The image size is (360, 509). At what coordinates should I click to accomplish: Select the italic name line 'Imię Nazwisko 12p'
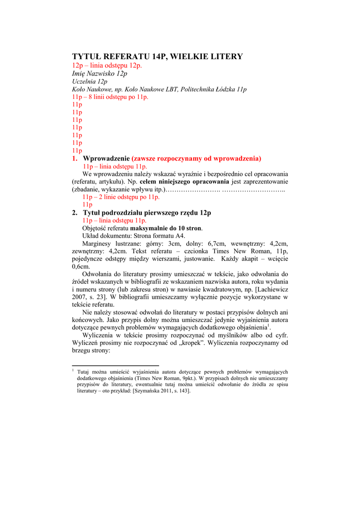point(99,74)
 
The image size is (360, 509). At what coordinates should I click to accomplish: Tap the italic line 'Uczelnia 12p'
point(90,82)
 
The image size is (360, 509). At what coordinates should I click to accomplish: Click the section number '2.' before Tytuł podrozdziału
point(75,213)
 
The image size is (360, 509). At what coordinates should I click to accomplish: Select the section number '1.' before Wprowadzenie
point(75,159)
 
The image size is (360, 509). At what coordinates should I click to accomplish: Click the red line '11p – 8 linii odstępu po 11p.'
point(110,97)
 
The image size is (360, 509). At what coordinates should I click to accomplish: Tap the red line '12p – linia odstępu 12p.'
point(107,66)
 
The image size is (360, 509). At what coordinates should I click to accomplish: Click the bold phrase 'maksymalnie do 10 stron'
point(166,228)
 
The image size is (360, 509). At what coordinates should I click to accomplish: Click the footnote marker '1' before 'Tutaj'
point(73,370)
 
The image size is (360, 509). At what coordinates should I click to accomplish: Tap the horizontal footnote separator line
point(115,365)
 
